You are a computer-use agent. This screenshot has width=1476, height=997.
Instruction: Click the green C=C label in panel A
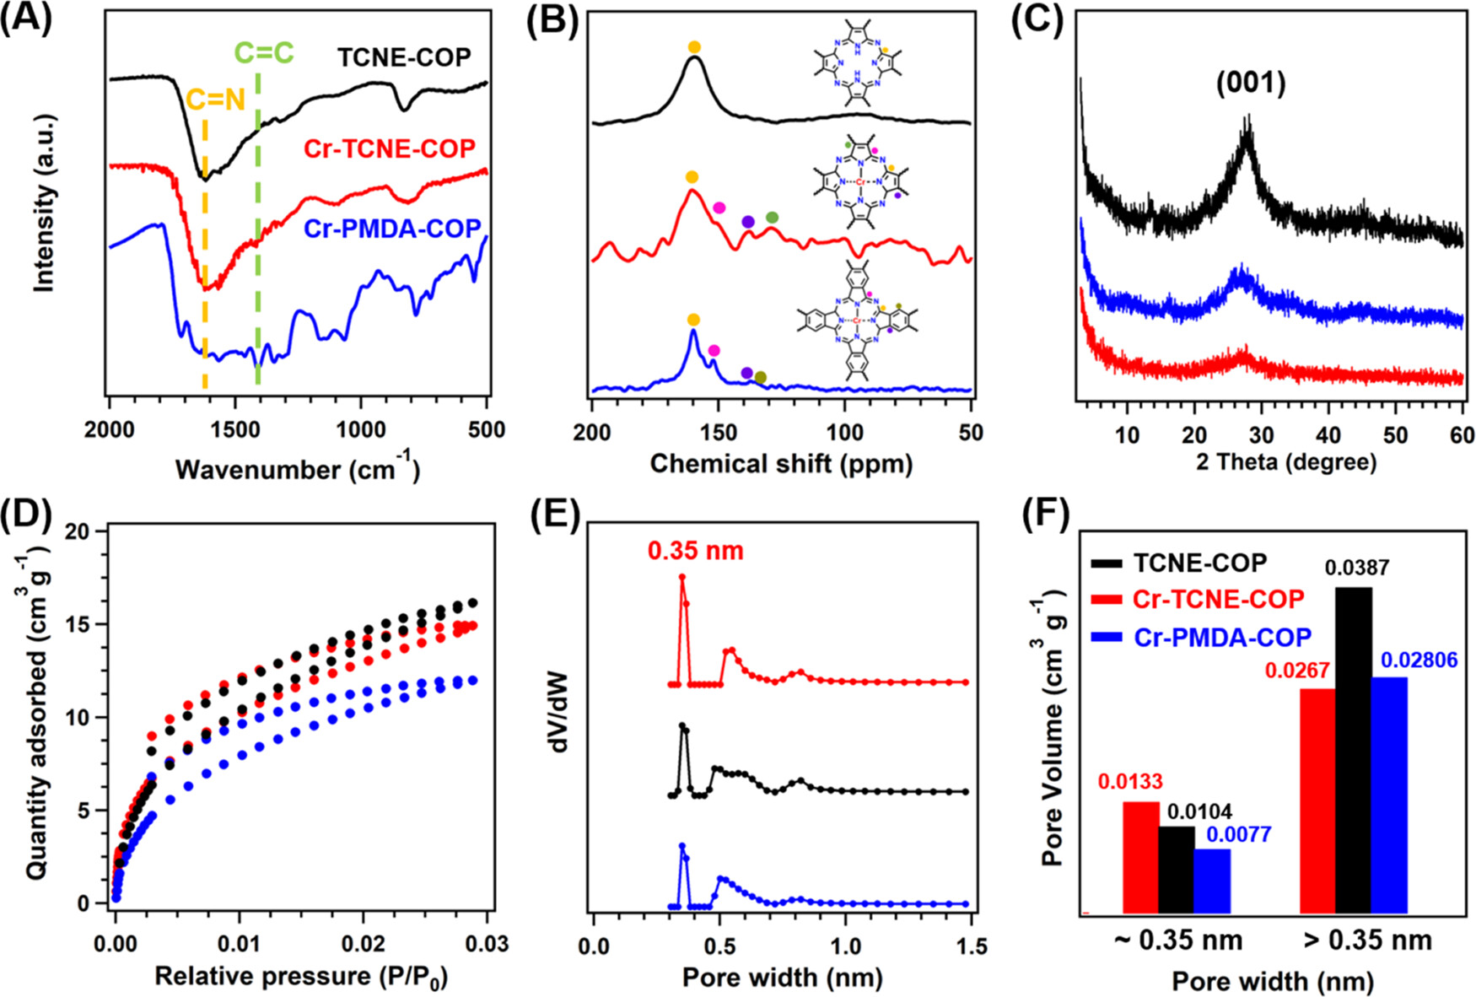point(263,54)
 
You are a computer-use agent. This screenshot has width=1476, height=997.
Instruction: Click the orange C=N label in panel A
point(215,100)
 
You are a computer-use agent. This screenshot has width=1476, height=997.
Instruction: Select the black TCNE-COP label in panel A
point(404,57)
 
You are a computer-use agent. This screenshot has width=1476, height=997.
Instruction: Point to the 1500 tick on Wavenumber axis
point(235,430)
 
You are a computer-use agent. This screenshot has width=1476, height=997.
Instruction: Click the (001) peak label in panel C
point(1251,83)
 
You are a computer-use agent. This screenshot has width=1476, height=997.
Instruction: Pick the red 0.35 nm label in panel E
point(696,552)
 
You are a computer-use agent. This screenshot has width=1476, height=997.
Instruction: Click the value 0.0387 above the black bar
point(1356,569)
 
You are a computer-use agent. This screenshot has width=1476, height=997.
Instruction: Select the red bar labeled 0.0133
point(1141,856)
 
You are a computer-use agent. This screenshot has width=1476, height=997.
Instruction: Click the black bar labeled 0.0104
point(1177,869)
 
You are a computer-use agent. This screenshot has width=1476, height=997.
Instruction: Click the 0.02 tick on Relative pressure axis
point(363,943)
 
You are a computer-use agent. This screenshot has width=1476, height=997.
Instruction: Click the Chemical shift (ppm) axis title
point(781,464)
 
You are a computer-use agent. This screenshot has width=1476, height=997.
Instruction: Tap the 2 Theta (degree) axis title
point(1285,462)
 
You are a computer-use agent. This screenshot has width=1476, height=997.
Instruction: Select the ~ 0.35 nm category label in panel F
point(1177,940)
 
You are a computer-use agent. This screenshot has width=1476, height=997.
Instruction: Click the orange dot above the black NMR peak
point(694,47)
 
